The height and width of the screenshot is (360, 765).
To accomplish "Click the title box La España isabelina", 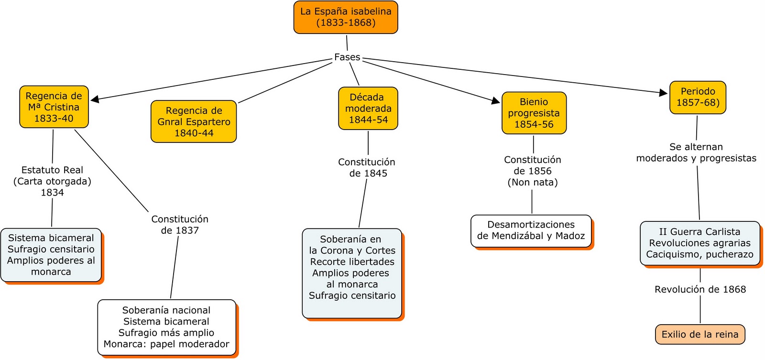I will click(346, 17).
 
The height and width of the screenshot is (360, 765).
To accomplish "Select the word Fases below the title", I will click(347, 57).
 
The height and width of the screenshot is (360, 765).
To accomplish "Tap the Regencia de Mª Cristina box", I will click(54, 107).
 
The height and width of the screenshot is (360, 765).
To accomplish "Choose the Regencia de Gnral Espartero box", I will click(194, 121).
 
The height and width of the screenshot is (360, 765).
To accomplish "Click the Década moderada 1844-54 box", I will click(368, 109).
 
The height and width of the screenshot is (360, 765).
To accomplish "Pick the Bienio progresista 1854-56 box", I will click(534, 113).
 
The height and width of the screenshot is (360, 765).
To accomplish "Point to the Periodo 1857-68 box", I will click(698, 97).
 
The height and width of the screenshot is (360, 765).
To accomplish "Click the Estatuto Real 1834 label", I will click(52, 181).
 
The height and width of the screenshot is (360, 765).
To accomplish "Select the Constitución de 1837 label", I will click(180, 225).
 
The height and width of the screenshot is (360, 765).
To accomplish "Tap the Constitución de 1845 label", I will click(367, 168).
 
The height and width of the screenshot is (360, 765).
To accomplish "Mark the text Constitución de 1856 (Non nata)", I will click(533, 171).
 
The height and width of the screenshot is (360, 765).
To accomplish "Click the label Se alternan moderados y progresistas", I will click(696, 153).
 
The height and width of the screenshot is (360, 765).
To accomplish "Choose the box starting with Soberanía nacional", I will click(167, 327).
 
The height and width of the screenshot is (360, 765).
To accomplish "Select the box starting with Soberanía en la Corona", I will click(352, 273).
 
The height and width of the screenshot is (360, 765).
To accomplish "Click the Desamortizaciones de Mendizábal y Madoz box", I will click(531, 230).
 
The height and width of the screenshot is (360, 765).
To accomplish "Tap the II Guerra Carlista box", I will click(700, 243).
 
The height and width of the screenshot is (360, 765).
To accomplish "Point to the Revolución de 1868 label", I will click(700, 289).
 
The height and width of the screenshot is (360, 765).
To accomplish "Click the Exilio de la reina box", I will click(700, 334).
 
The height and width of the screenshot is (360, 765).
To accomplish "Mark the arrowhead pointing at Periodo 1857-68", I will click(663, 93).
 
